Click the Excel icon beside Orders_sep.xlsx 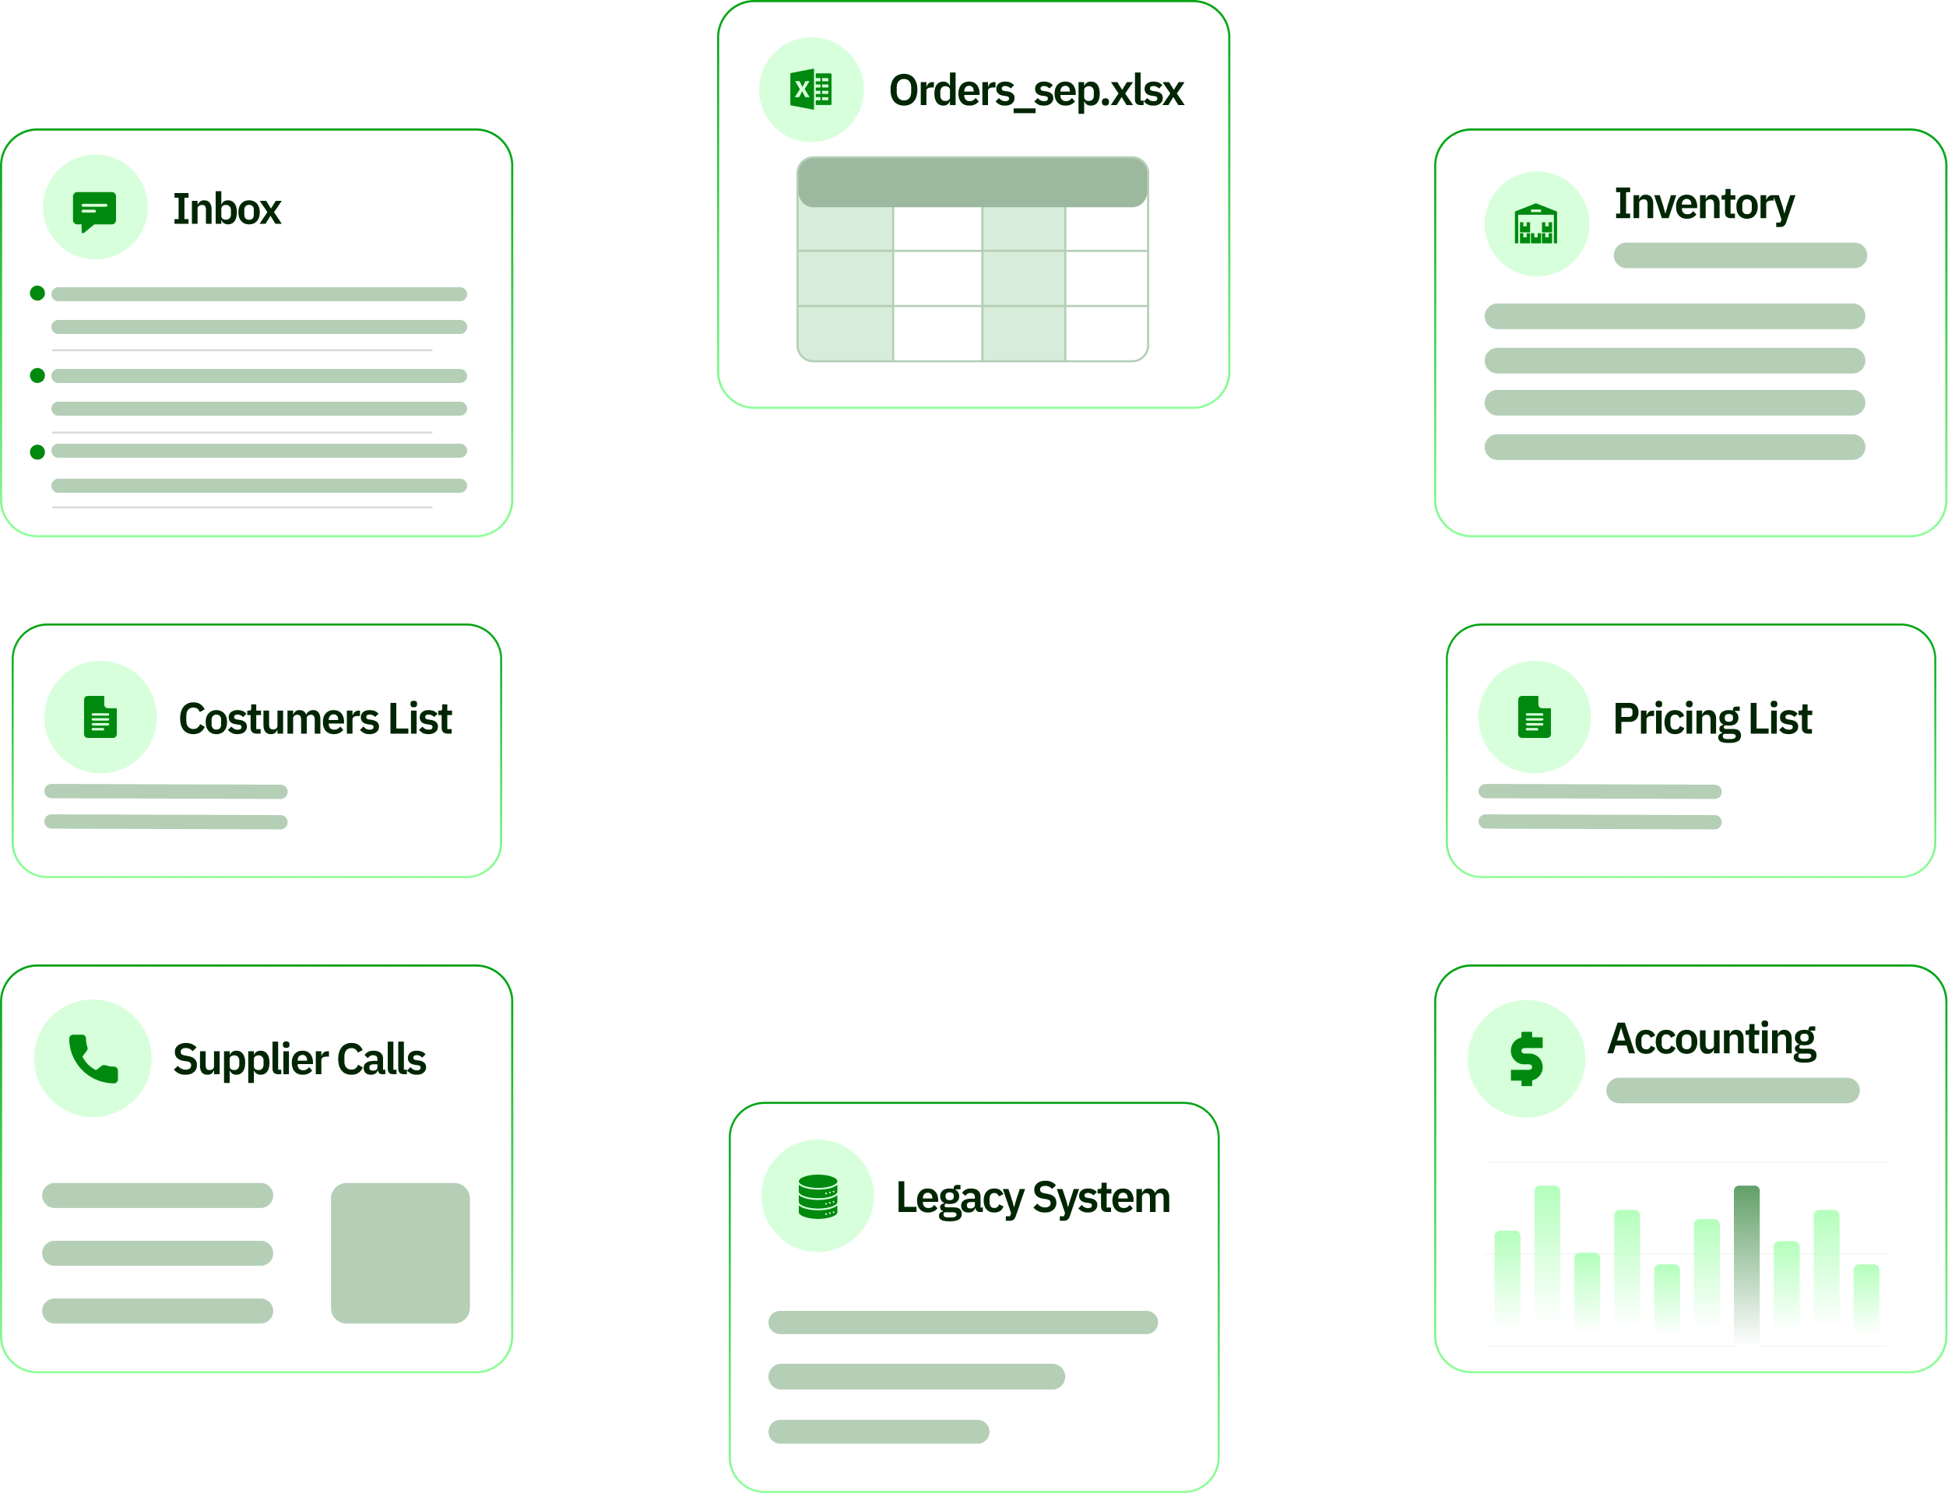pyautogui.click(x=810, y=90)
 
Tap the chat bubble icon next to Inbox pyautogui.click(x=94, y=212)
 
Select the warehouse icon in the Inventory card pyautogui.click(x=1535, y=224)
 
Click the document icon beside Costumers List pyautogui.click(x=100, y=716)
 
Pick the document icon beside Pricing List pyautogui.click(x=1534, y=716)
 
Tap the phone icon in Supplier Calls pyautogui.click(x=93, y=1059)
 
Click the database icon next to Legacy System pyautogui.click(x=818, y=1196)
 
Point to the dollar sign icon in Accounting pyautogui.click(x=1526, y=1059)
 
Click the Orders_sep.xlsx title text pyautogui.click(x=1036, y=90)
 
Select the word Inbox pyautogui.click(x=227, y=209)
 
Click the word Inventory pyautogui.click(x=1704, y=206)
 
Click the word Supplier pyautogui.click(x=251, y=1060)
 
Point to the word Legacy pyautogui.click(x=960, y=1199)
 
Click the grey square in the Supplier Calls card pyautogui.click(x=400, y=1253)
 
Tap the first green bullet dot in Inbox pyautogui.click(x=37, y=293)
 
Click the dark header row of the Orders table pyautogui.click(x=972, y=182)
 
